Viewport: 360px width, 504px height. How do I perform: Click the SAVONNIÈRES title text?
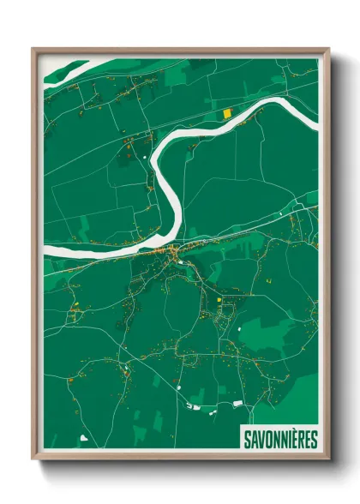279,439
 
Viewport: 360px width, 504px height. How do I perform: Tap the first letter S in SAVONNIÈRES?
247,439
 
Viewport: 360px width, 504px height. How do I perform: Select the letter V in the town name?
261,439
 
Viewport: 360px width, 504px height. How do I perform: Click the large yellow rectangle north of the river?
227,113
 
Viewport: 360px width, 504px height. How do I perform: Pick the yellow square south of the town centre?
219,299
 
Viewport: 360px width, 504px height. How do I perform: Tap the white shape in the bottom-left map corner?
84,438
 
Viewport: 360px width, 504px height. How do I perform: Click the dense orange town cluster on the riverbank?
173,252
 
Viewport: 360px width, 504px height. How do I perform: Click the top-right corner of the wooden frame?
328,49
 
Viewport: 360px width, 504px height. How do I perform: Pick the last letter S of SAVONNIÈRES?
313,439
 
